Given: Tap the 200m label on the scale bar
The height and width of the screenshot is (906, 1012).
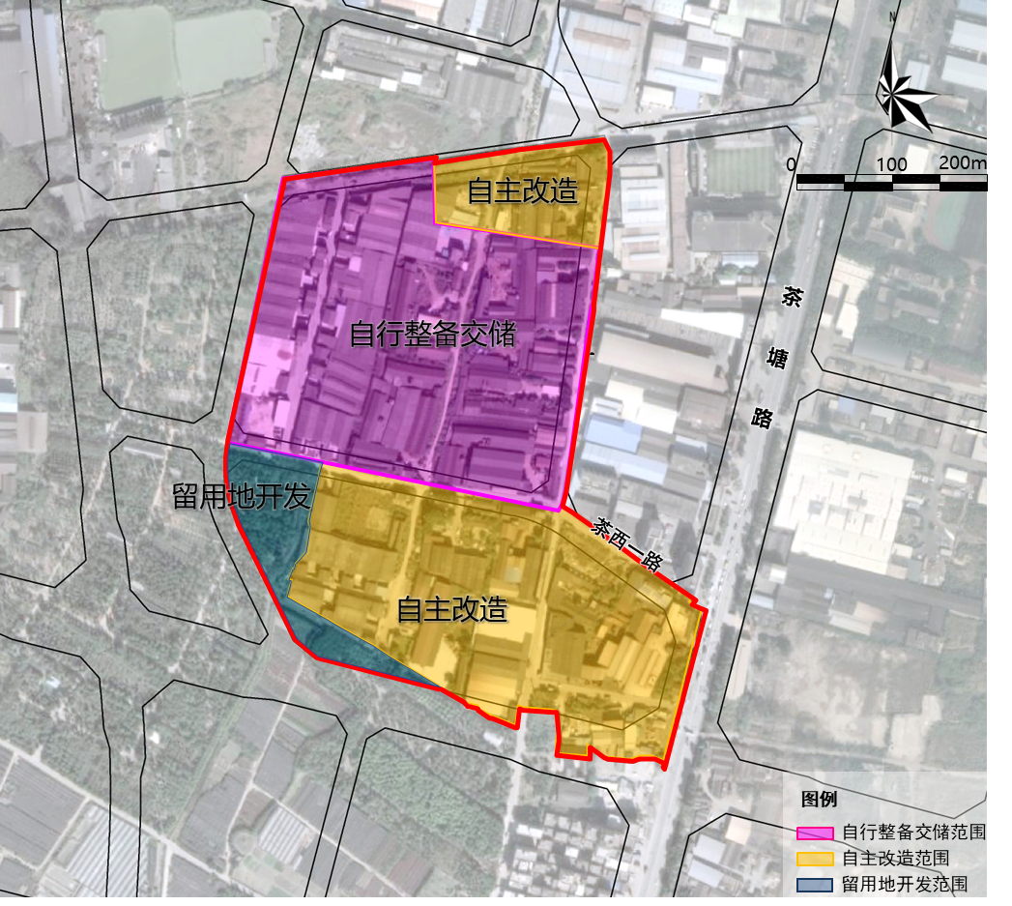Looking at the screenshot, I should tap(961, 162).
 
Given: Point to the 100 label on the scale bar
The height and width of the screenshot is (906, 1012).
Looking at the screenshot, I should tap(891, 164).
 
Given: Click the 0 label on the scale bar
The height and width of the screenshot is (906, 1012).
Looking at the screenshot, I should tap(792, 164).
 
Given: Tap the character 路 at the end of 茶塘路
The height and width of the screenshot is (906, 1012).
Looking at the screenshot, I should tap(763, 417).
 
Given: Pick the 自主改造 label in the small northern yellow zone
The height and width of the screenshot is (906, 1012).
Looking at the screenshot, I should tap(522, 191).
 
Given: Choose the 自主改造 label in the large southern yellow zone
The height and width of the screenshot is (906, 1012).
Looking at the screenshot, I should tap(452, 610).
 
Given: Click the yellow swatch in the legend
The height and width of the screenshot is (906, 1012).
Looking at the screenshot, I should tap(814, 859).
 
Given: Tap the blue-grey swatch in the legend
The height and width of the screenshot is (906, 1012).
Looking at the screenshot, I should tap(814, 884).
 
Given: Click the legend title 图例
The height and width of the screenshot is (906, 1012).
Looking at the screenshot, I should tap(819, 800).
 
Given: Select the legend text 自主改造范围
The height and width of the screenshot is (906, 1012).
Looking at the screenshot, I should tap(895, 859).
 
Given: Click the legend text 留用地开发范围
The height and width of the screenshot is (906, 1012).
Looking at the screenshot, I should tap(905, 884).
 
